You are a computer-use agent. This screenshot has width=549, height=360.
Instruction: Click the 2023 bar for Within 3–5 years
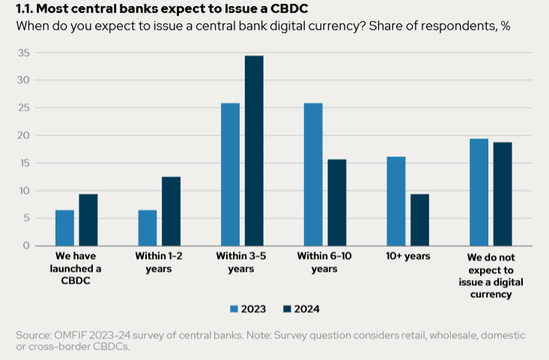tap(230, 174)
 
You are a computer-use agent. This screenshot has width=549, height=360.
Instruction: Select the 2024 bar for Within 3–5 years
tap(254, 150)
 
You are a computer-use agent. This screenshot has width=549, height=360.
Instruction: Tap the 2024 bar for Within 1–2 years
tap(171, 211)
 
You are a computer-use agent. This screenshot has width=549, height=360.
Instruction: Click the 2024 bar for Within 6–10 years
tap(337, 202)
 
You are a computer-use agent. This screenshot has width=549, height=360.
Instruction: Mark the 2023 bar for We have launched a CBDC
tap(64, 228)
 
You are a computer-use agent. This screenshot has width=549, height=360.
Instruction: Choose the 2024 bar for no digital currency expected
tap(503, 194)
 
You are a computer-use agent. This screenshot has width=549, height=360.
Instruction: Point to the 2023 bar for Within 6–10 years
tap(313, 174)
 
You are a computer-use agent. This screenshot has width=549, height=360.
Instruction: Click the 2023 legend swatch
tap(234, 308)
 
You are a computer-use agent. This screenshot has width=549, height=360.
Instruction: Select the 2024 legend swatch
tap(288, 308)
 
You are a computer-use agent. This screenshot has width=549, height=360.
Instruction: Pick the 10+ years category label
tap(408, 257)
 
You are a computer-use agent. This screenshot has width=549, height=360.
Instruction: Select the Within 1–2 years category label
tap(159, 262)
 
